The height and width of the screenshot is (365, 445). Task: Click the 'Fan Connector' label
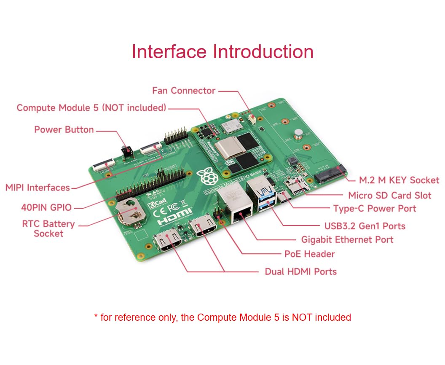pyautogui.click(x=184, y=91)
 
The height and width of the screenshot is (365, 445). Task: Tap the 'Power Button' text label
pyautogui.click(x=64, y=129)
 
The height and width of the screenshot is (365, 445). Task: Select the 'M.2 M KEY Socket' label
pyautogui.click(x=399, y=180)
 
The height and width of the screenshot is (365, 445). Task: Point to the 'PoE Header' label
pyautogui.click(x=310, y=254)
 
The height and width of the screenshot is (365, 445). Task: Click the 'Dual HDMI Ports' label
pyautogui.click(x=300, y=272)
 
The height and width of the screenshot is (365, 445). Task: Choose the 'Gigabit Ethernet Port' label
pyautogui.click(x=347, y=240)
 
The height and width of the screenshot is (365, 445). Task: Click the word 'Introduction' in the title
pyautogui.click(x=263, y=51)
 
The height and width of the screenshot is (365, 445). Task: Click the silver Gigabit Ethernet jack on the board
pyautogui.click(x=236, y=207)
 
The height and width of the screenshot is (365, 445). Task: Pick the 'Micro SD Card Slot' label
pyautogui.click(x=389, y=196)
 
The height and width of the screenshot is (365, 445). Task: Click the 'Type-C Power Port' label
pyautogui.click(x=374, y=209)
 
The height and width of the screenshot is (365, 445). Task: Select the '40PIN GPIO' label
pyautogui.click(x=46, y=207)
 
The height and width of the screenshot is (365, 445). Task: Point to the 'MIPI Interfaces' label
pyautogui.click(x=38, y=188)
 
